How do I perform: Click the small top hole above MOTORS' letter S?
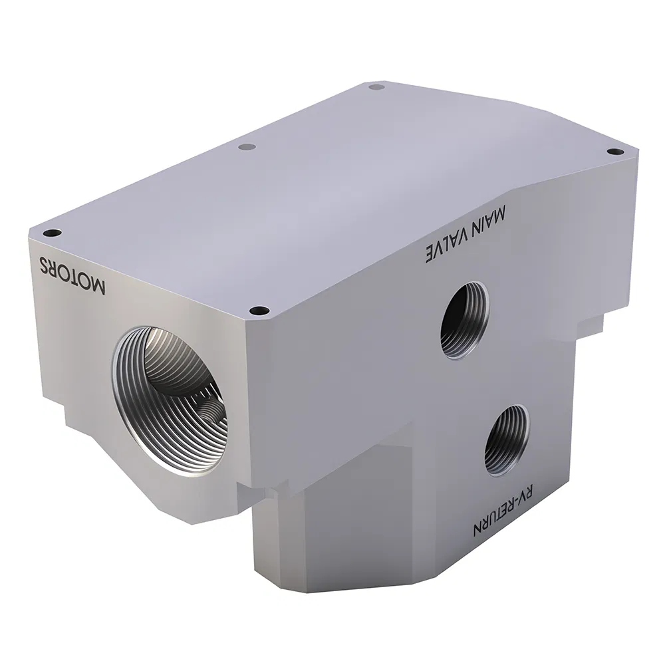(x=51, y=233)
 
